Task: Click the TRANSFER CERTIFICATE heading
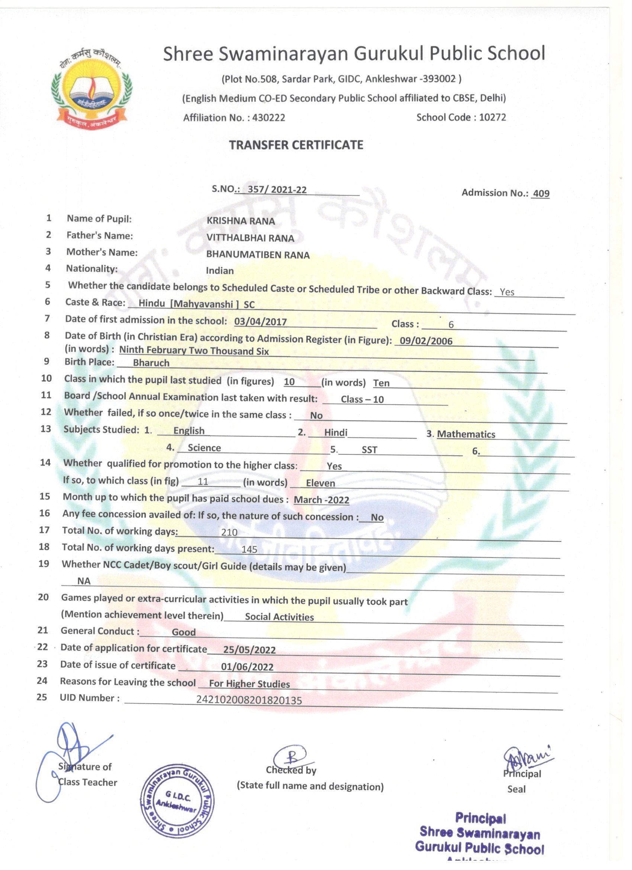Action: pyautogui.click(x=296, y=145)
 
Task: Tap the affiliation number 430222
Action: pyautogui.click(x=268, y=117)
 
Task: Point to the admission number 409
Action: pyautogui.click(x=541, y=193)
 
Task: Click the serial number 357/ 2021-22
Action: pyautogui.click(x=277, y=189)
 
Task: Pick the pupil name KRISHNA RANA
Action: pyautogui.click(x=241, y=221)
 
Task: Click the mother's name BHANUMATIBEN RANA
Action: pyautogui.click(x=258, y=255)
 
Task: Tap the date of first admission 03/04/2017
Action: pyautogui.click(x=260, y=322)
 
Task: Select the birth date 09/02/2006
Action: pyautogui.click(x=426, y=340)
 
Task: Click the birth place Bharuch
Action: pyautogui.click(x=151, y=362)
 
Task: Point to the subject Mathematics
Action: pyautogui.click(x=466, y=434)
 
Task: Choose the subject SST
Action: pyautogui.click(x=369, y=450)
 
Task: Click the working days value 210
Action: pyautogui.click(x=229, y=532)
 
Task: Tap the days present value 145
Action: pyautogui.click(x=249, y=549)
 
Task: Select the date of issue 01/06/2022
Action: pyautogui.click(x=247, y=667)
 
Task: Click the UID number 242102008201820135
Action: pyautogui.click(x=249, y=700)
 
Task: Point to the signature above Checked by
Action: pyautogui.click(x=293, y=758)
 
